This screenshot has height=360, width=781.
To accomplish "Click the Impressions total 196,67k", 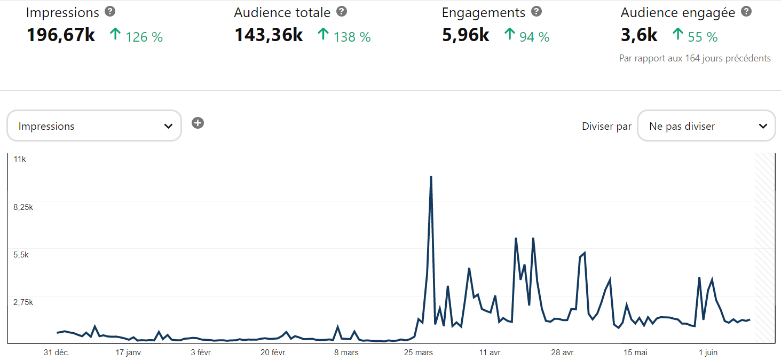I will tap(61, 35).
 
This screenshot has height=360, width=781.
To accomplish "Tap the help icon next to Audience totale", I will tap(342, 11).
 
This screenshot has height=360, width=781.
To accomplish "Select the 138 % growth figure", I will tap(352, 37).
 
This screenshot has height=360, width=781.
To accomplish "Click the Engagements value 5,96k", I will tap(466, 35).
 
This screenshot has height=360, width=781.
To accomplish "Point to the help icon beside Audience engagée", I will tap(746, 11).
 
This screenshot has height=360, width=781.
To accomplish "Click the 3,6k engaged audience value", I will tap(639, 35).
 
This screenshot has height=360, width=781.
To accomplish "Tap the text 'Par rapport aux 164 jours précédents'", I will tap(695, 58).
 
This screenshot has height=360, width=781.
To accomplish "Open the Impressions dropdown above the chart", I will tap(94, 126).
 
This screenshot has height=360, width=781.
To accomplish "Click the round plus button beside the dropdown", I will tap(198, 123).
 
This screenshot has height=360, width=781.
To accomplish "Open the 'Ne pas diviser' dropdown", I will tap(706, 126).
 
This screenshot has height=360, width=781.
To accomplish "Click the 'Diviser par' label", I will tap(606, 127).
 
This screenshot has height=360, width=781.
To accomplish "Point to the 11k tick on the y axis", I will tap(20, 159).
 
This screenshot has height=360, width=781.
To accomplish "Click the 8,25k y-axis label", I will tap(23, 207).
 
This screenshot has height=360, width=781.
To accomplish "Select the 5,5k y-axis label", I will tap(21, 255).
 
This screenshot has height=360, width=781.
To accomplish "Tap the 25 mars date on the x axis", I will tap(419, 353).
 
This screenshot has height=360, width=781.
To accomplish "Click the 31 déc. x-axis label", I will tap(57, 353).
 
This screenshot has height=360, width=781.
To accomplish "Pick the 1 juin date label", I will tap(708, 353).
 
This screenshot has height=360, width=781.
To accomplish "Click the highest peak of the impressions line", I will tap(431, 176).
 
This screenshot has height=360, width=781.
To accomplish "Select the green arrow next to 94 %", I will tap(510, 35).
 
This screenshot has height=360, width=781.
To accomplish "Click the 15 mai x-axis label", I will tap(635, 353).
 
